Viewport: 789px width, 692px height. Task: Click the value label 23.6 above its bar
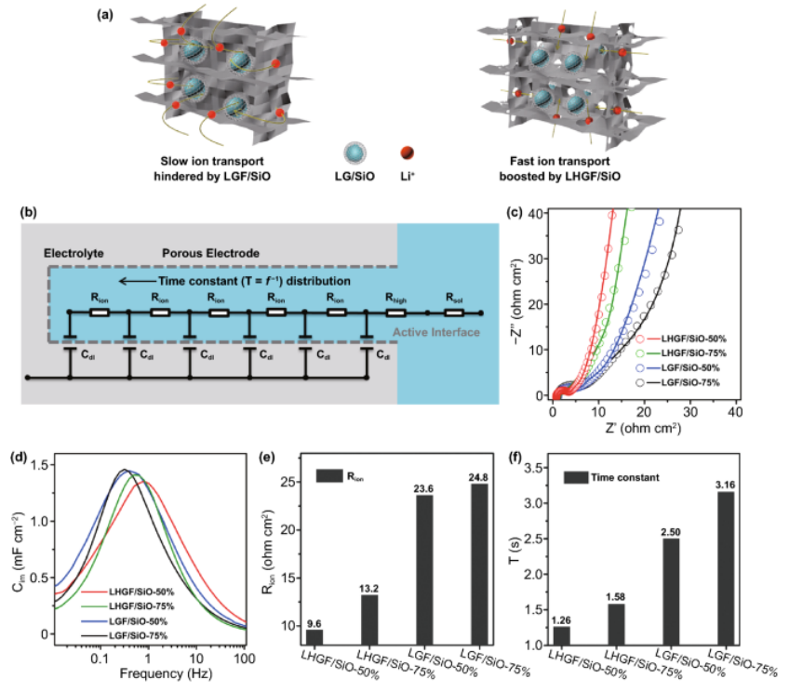click(x=424, y=486)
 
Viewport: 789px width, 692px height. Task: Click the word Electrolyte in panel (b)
click(x=71, y=252)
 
